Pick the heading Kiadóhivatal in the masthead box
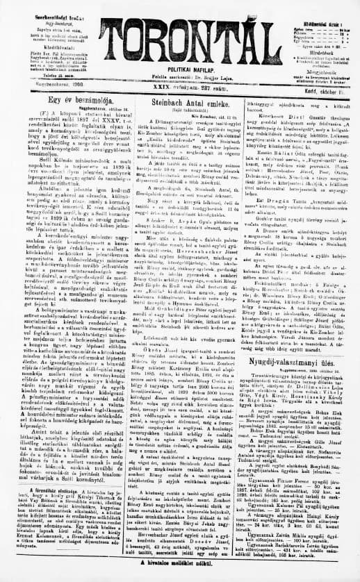click(42, 50)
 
